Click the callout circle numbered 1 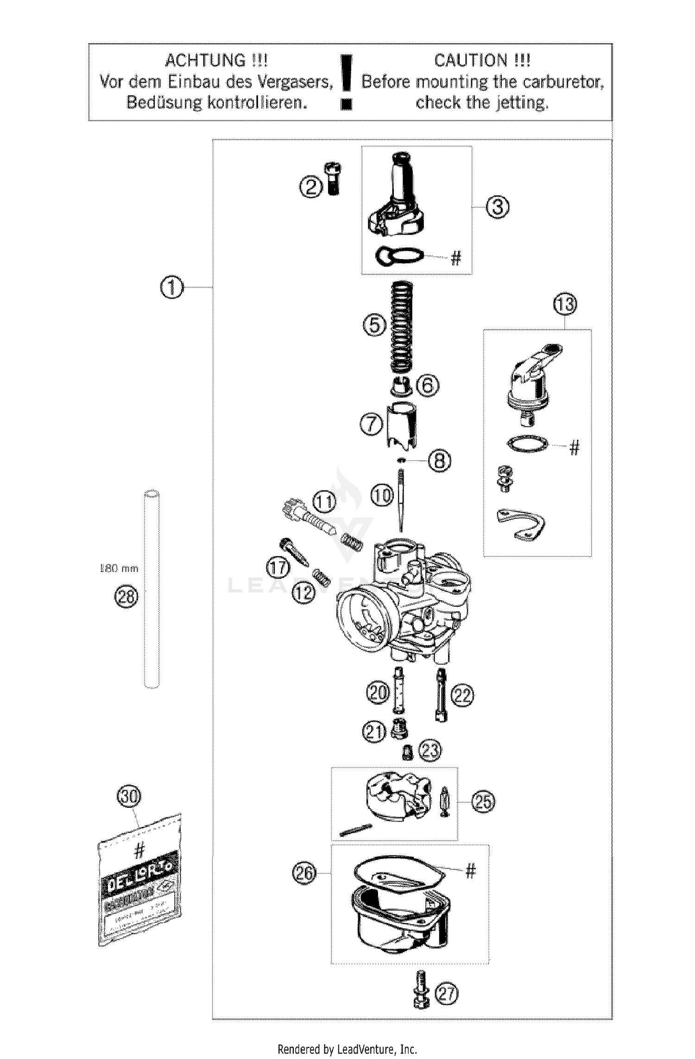(171, 288)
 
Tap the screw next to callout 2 (333, 178)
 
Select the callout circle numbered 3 (497, 207)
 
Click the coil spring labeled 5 (401, 326)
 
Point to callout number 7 (372, 425)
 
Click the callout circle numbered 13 (565, 305)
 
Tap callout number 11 (325, 502)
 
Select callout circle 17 (278, 568)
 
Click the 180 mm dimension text (119, 568)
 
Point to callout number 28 (126, 596)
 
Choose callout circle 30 (129, 797)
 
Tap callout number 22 (462, 695)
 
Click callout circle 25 (483, 801)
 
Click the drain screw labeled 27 (421, 994)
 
